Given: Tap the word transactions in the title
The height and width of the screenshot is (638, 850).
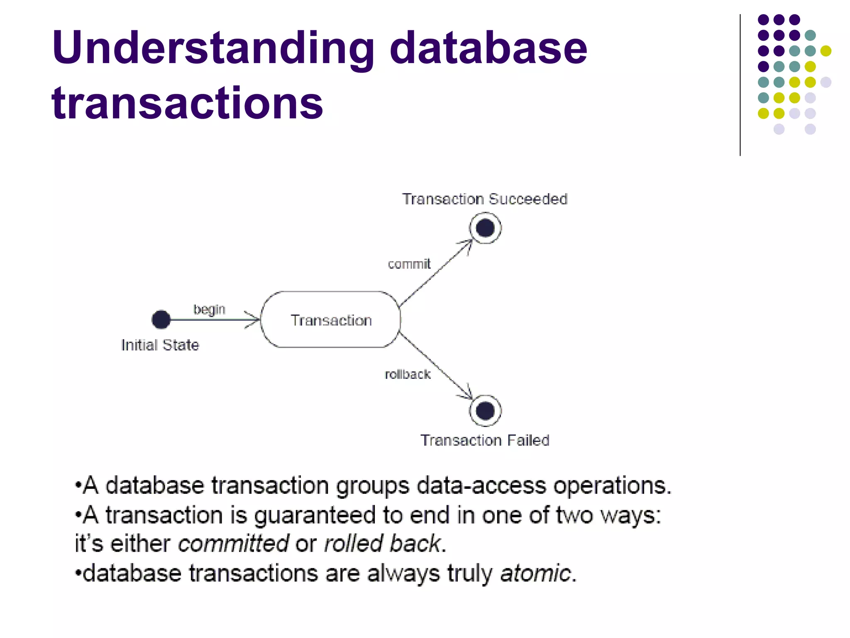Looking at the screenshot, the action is (x=187, y=103).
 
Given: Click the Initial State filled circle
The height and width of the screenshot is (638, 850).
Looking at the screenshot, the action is (x=161, y=319).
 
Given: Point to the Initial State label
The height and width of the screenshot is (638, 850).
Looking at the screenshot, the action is (x=160, y=345).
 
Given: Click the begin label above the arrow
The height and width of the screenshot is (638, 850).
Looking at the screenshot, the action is (x=209, y=309).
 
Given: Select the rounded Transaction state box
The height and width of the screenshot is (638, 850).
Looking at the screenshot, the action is (x=330, y=320).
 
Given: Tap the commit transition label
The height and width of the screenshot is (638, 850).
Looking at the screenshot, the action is (x=409, y=264).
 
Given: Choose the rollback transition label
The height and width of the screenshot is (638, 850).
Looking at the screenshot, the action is (x=408, y=375).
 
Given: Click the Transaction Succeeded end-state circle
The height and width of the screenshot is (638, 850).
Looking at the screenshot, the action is (x=485, y=228).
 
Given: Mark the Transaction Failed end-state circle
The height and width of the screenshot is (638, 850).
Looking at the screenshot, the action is (x=485, y=411).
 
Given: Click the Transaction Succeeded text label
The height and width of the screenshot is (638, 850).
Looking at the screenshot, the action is (x=484, y=199).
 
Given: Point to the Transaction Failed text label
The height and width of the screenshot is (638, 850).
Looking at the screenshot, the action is (x=485, y=440).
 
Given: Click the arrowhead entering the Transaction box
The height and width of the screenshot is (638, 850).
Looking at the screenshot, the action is (x=254, y=319).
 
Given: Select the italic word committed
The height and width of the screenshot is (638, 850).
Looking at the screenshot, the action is (x=233, y=544).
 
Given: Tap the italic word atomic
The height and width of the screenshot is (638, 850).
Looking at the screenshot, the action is (x=535, y=574).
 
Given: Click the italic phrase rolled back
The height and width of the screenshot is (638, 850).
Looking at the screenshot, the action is (x=382, y=544).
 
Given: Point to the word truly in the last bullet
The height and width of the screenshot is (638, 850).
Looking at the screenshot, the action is (x=469, y=574).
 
